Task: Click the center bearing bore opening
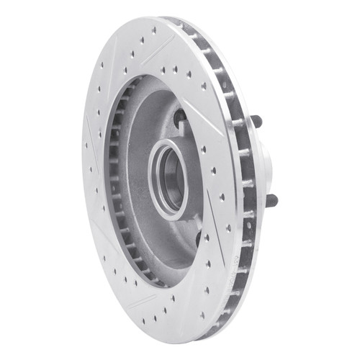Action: [170, 179]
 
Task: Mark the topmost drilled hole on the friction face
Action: [153, 31]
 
